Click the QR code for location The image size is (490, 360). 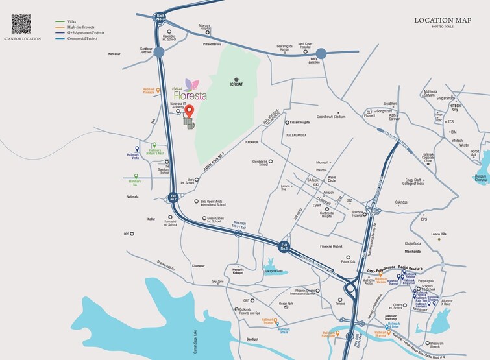(21, 24)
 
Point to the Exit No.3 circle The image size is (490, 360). (160, 19)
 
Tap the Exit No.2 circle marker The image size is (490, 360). (173, 197)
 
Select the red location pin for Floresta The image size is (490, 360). (190, 111)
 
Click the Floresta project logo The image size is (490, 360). (188, 91)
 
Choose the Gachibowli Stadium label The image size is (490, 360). (330, 116)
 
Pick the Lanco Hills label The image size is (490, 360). (439, 234)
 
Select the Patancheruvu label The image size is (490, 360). (212, 44)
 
